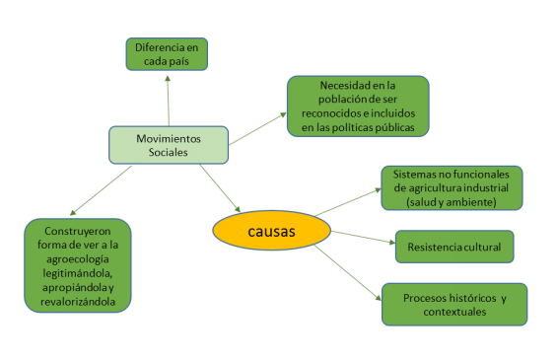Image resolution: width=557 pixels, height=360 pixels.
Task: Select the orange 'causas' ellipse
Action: (x=268, y=231)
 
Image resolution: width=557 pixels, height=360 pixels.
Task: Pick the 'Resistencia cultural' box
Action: (x=453, y=245)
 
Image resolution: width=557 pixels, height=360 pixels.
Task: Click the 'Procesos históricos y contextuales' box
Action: (x=453, y=304)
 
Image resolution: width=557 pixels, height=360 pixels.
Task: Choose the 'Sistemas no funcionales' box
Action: (x=452, y=187)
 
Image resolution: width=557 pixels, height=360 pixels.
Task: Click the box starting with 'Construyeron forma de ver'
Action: (x=78, y=265)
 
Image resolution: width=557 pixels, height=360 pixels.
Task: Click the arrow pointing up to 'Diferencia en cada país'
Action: (x=169, y=99)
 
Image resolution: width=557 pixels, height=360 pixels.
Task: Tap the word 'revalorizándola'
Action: (x=78, y=301)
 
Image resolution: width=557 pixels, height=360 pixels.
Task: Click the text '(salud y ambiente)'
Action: (x=452, y=201)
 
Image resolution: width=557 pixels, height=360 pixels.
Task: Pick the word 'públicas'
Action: (x=393, y=128)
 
